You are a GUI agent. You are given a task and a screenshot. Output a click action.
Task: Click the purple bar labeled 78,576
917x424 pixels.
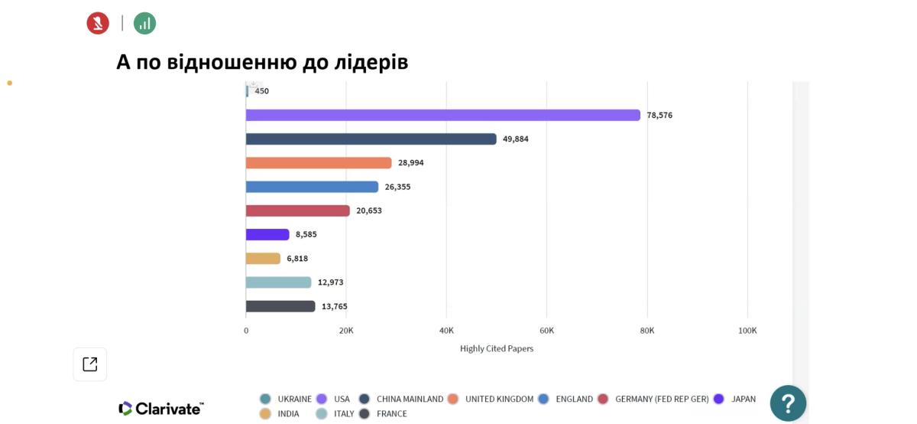(442, 115)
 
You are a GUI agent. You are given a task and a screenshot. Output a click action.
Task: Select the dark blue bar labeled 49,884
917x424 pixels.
(371, 139)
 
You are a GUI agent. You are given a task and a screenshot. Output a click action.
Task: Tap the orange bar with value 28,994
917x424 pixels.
(318, 163)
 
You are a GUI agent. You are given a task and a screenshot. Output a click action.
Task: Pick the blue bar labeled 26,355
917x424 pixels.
(312, 187)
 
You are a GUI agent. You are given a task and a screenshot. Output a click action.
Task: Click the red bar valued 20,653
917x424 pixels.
(297, 210)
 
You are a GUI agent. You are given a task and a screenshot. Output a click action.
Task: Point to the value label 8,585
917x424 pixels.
(306, 234)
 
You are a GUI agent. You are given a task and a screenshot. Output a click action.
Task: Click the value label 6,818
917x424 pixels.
(297, 259)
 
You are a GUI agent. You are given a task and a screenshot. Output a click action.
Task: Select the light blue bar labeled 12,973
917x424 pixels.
(278, 282)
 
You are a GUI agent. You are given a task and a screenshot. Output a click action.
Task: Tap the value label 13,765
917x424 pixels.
(334, 306)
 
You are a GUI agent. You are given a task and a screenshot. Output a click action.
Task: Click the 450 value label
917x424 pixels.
(261, 91)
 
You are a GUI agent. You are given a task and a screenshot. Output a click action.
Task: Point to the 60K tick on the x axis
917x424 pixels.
(546, 331)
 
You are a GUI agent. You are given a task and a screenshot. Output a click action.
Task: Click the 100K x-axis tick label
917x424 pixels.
(747, 331)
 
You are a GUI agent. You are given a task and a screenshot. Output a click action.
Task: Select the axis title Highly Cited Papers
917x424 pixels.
(497, 349)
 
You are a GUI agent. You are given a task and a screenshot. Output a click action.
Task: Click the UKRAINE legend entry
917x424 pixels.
(286, 399)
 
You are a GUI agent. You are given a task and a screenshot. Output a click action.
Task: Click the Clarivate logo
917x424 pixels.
(161, 408)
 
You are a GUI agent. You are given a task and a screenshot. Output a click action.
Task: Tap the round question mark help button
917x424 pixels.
(788, 403)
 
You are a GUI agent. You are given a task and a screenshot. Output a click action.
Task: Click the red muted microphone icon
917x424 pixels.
(98, 23)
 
